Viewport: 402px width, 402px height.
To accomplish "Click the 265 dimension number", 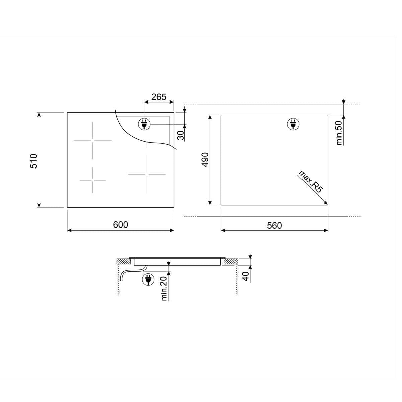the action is (159, 97).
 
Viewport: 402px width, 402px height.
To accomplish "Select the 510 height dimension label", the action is (34, 161).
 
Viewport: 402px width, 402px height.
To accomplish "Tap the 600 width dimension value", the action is (120, 225).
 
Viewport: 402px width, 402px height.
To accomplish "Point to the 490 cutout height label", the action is (205, 160).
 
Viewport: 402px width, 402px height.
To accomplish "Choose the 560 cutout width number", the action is (274, 225).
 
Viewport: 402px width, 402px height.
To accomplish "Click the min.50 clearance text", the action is (339, 133).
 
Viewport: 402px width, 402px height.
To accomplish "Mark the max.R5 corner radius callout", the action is (311, 182).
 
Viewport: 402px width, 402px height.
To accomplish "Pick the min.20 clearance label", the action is (164, 288).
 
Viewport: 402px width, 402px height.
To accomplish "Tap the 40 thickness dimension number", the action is (246, 276).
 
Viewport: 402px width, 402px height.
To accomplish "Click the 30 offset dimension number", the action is (181, 135).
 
